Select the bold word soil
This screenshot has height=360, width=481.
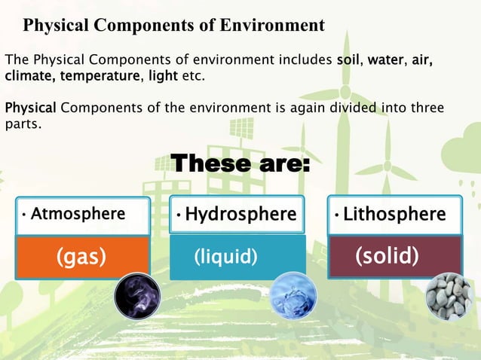click(350, 59)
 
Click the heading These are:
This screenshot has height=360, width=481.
click(240, 163)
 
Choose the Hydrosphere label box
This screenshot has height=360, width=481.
click(237, 215)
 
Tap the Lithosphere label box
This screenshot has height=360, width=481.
click(394, 215)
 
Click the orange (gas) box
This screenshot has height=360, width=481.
click(81, 257)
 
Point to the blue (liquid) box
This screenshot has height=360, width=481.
click(226, 257)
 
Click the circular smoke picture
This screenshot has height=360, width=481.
click(137, 295)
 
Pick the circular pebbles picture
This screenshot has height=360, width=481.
click(449, 296)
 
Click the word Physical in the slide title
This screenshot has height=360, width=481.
click(57, 25)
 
